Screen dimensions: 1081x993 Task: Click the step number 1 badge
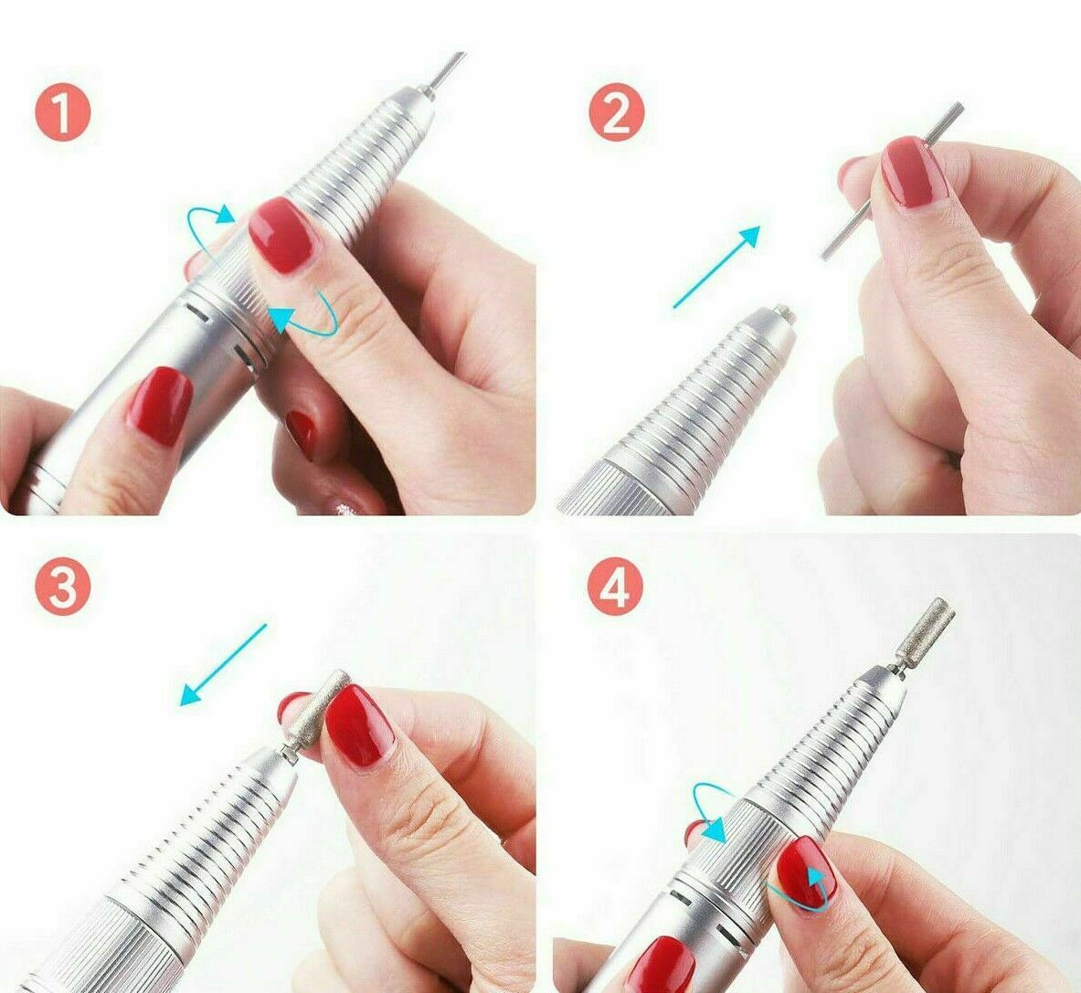coord(63,113)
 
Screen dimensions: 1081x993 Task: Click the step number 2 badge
coord(617,113)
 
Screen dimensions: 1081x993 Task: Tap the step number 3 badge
coord(63,586)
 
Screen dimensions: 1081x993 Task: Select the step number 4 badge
coord(615,586)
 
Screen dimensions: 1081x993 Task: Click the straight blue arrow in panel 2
coord(716,267)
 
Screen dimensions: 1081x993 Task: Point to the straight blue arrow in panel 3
coord(223,665)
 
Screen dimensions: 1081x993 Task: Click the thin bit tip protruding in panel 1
coord(445,71)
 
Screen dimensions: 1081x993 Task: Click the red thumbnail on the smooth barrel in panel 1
coord(159,407)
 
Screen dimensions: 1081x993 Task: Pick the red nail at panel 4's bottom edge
coord(661,965)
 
